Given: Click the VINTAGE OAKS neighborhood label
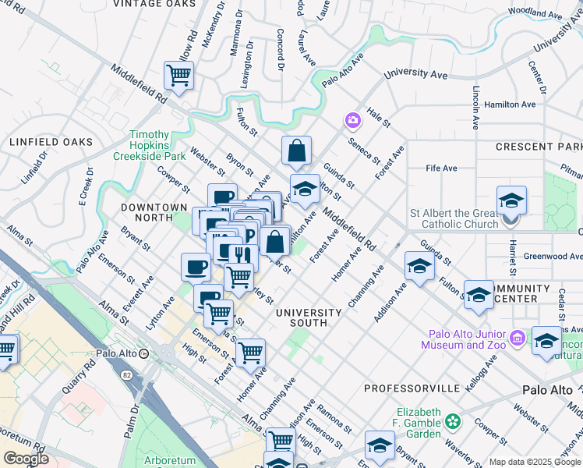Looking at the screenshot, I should tap(154, 4).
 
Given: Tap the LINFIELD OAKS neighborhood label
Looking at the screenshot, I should tap(51, 142).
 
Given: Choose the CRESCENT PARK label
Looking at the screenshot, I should tap(539, 147).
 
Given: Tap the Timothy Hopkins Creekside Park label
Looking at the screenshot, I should tap(159, 145).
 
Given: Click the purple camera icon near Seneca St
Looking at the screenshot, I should tap(353, 120).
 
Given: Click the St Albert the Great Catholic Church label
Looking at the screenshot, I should tap(454, 218).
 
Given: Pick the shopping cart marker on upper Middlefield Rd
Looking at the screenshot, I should tap(178, 76).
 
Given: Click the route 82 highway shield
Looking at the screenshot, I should tap(126, 374).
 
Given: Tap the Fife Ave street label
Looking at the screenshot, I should tap(441, 168).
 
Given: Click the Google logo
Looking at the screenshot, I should tap(25, 459).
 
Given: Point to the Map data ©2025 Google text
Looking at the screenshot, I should tap(535, 462).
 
